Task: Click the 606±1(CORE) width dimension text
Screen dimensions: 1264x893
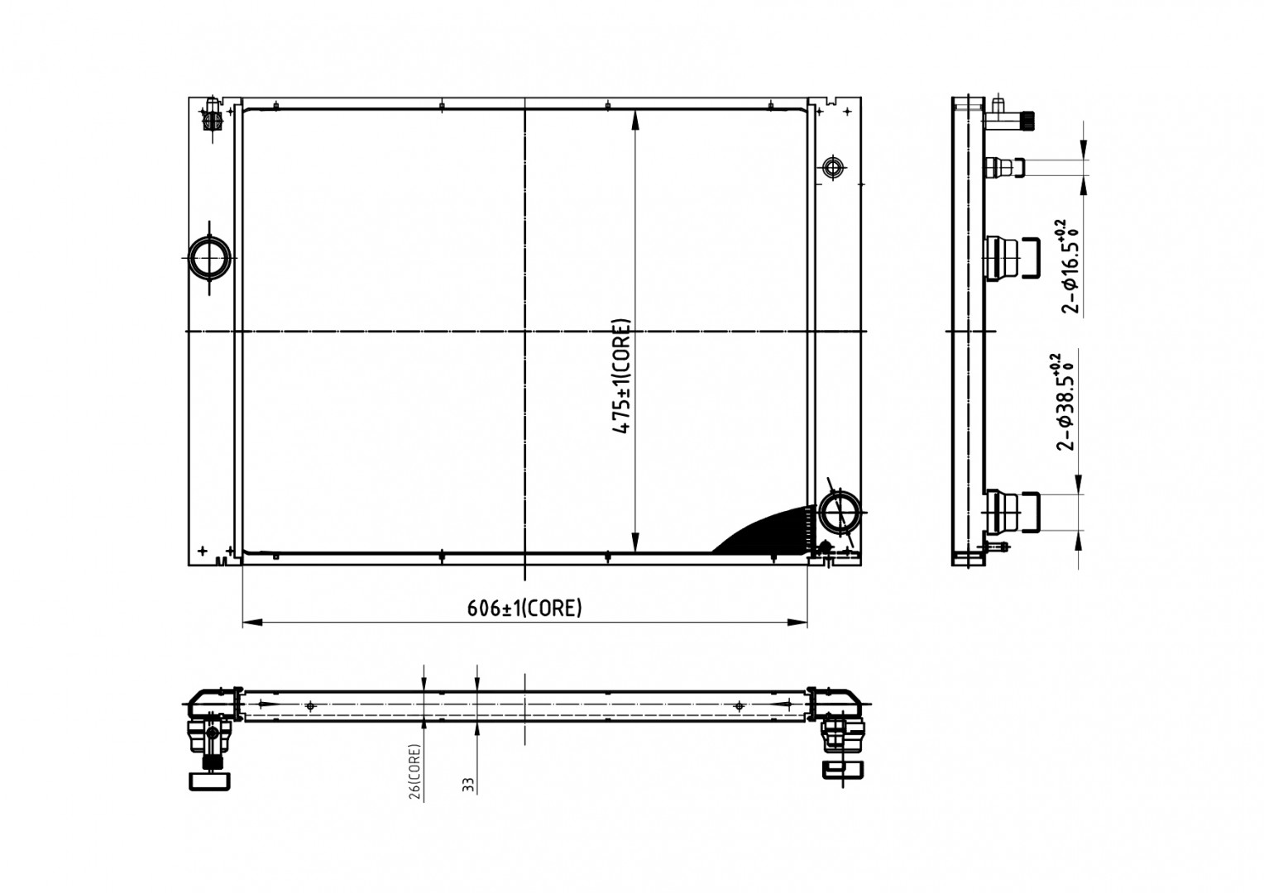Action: tap(524, 608)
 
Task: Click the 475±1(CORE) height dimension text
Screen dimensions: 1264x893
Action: tap(621, 376)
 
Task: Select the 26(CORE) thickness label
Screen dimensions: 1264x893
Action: tap(414, 771)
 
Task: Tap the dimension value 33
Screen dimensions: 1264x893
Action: tap(469, 785)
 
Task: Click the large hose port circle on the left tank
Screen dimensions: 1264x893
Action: tap(209, 258)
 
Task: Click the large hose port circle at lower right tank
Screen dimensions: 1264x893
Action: tap(839, 512)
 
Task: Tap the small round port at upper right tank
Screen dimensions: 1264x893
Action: tap(833, 167)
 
